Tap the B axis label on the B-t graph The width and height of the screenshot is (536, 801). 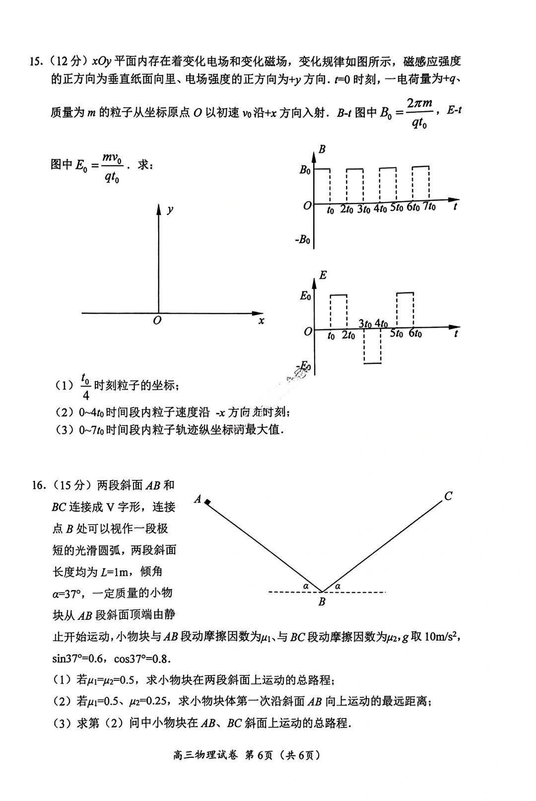tap(322, 149)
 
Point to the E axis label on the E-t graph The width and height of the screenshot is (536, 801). tap(323, 274)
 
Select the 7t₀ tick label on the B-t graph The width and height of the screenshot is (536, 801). tap(429, 207)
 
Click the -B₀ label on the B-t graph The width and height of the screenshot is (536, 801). tap(303, 240)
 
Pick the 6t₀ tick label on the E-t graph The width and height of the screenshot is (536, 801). tap(414, 334)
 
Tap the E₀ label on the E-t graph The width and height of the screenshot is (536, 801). tap(305, 296)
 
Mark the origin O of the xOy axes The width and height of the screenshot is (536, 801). tap(157, 320)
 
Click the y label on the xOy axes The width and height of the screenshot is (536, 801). tap(170, 209)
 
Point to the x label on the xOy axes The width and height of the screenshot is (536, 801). tap(261, 321)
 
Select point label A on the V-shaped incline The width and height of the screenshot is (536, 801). tap(198, 499)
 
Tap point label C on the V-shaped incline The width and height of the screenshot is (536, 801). tap(448, 496)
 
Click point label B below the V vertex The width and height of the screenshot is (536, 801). tap(322, 602)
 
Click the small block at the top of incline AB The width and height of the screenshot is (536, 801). tap(208, 503)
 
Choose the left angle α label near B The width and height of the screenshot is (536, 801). tap(306, 586)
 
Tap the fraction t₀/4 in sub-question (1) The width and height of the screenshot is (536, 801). tap(85, 388)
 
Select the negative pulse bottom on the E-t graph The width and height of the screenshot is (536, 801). tap(372, 363)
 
